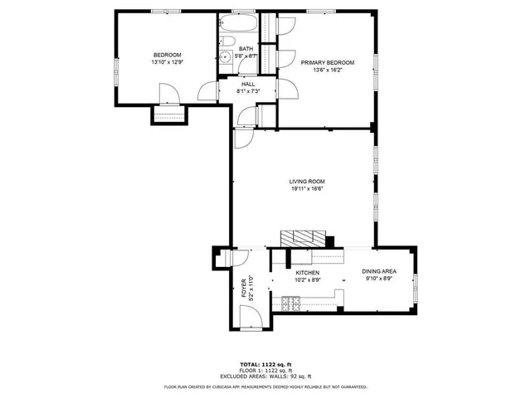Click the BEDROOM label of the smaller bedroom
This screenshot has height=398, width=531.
pyautogui.click(x=166, y=55)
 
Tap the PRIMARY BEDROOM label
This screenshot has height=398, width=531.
pyautogui.click(x=328, y=63)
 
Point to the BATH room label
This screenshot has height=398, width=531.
pyautogui.click(x=246, y=49)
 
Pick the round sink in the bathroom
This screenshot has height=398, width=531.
pyautogui.click(x=225, y=57)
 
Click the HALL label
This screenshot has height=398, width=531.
pyautogui.click(x=248, y=84)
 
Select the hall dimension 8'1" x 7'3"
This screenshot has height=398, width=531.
pyautogui.click(x=248, y=91)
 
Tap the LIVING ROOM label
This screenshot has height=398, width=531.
pyautogui.click(x=307, y=182)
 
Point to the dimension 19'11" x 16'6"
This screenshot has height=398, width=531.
pyautogui.click(x=307, y=189)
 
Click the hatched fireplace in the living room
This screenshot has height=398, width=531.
pyautogui.click(x=297, y=239)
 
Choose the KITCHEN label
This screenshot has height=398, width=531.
pyautogui.click(x=308, y=272)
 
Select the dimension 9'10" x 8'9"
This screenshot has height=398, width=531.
pyautogui.click(x=378, y=279)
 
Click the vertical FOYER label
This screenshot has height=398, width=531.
pyautogui.click(x=244, y=288)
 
